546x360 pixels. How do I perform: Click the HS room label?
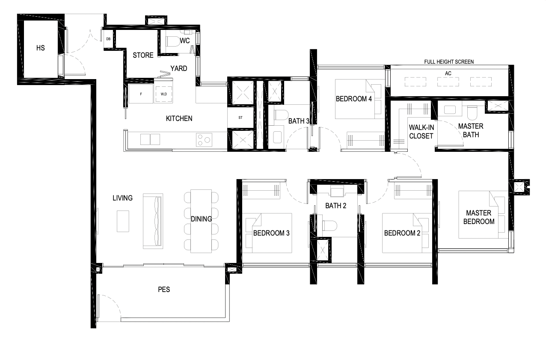pos(41,48)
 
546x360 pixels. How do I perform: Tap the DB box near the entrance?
pos(108,39)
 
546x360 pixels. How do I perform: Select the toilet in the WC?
pos(173,41)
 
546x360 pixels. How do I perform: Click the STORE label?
pos(143,55)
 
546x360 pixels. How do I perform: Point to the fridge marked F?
pos(141,94)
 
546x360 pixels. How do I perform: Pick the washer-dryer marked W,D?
pos(164,94)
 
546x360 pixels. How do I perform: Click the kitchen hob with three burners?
pos(204,139)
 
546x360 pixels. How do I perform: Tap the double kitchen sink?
pos(150,139)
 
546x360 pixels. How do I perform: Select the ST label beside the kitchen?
pos(240,118)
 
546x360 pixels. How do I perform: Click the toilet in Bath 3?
pos(281,115)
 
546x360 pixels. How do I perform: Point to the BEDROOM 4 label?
pos(354,99)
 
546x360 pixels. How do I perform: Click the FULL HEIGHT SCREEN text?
pos(449,62)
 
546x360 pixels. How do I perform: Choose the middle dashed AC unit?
pos(448,82)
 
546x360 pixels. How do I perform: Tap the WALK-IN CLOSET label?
pos(421,132)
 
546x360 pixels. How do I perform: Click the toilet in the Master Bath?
pos(472,113)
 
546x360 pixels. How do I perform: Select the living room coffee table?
pos(123,221)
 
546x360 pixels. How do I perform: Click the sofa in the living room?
pos(153,221)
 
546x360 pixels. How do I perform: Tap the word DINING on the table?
pos(201,219)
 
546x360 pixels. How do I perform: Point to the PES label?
pos(164,289)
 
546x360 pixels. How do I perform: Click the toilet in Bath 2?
pos(329,226)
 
